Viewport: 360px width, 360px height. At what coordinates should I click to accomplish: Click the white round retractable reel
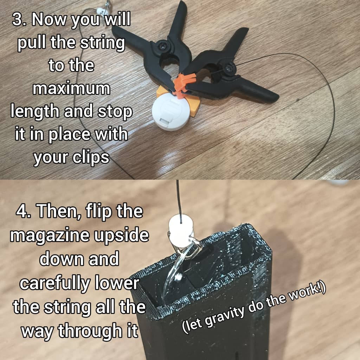[x=171, y=112]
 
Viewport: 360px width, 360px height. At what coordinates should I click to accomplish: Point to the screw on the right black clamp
[x=230, y=67]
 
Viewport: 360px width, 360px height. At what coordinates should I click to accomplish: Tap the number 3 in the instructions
[x=17, y=20]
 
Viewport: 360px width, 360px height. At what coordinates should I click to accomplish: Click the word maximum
[x=71, y=89]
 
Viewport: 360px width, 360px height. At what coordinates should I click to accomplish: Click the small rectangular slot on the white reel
[x=165, y=120]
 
